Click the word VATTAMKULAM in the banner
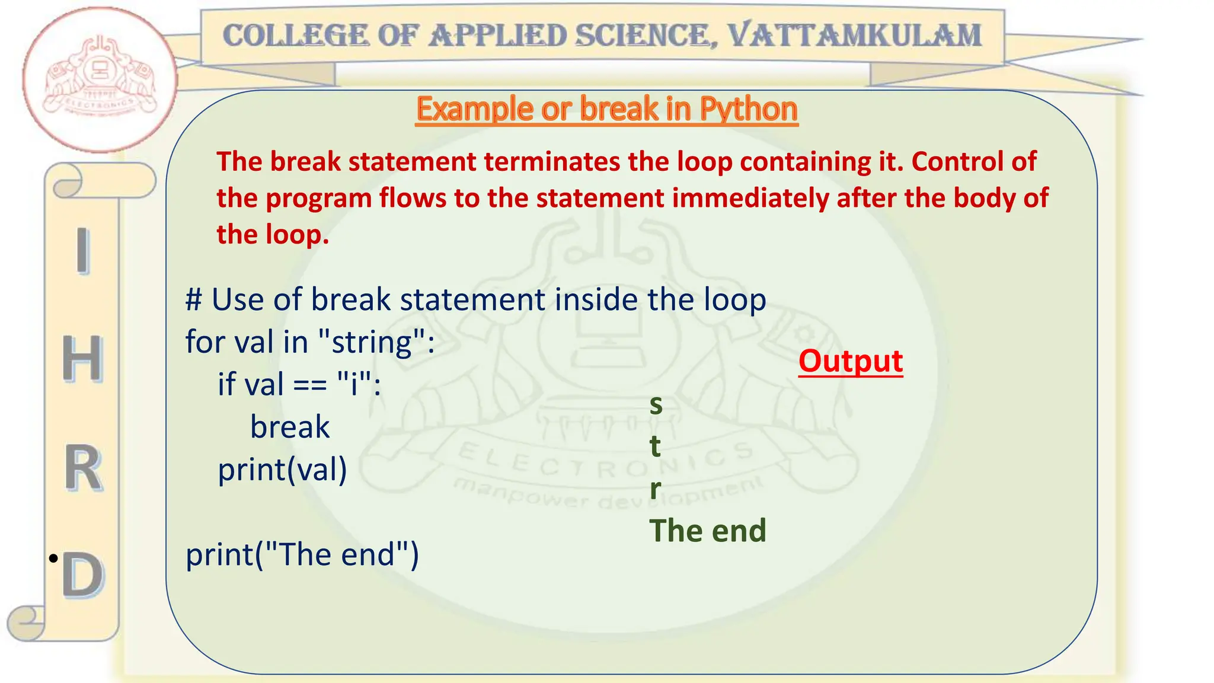(854, 35)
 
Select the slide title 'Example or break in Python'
(607, 109)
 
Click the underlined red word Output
(851, 360)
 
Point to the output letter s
(656, 405)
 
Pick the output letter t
(655, 446)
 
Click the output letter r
(655, 489)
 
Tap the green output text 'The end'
(708, 531)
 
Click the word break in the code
(290, 427)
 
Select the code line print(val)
(282, 470)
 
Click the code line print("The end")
(302, 555)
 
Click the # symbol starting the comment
(193, 299)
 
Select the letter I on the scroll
(83, 251)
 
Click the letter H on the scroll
(82, 358)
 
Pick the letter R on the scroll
(82, 468)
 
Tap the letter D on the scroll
(83, 575)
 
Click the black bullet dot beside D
(53, 558)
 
